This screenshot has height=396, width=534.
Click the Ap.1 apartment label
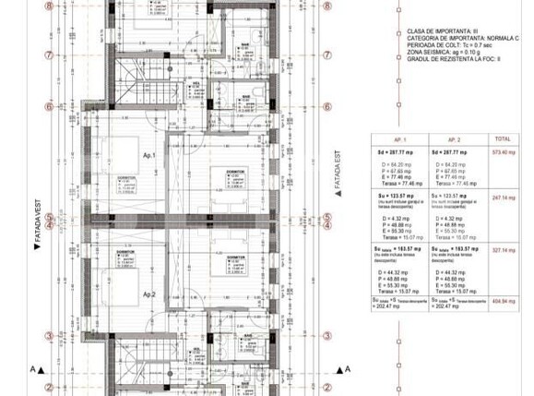click(x=148, y=156)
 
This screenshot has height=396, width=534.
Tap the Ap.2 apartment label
click(x=148, y=295)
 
